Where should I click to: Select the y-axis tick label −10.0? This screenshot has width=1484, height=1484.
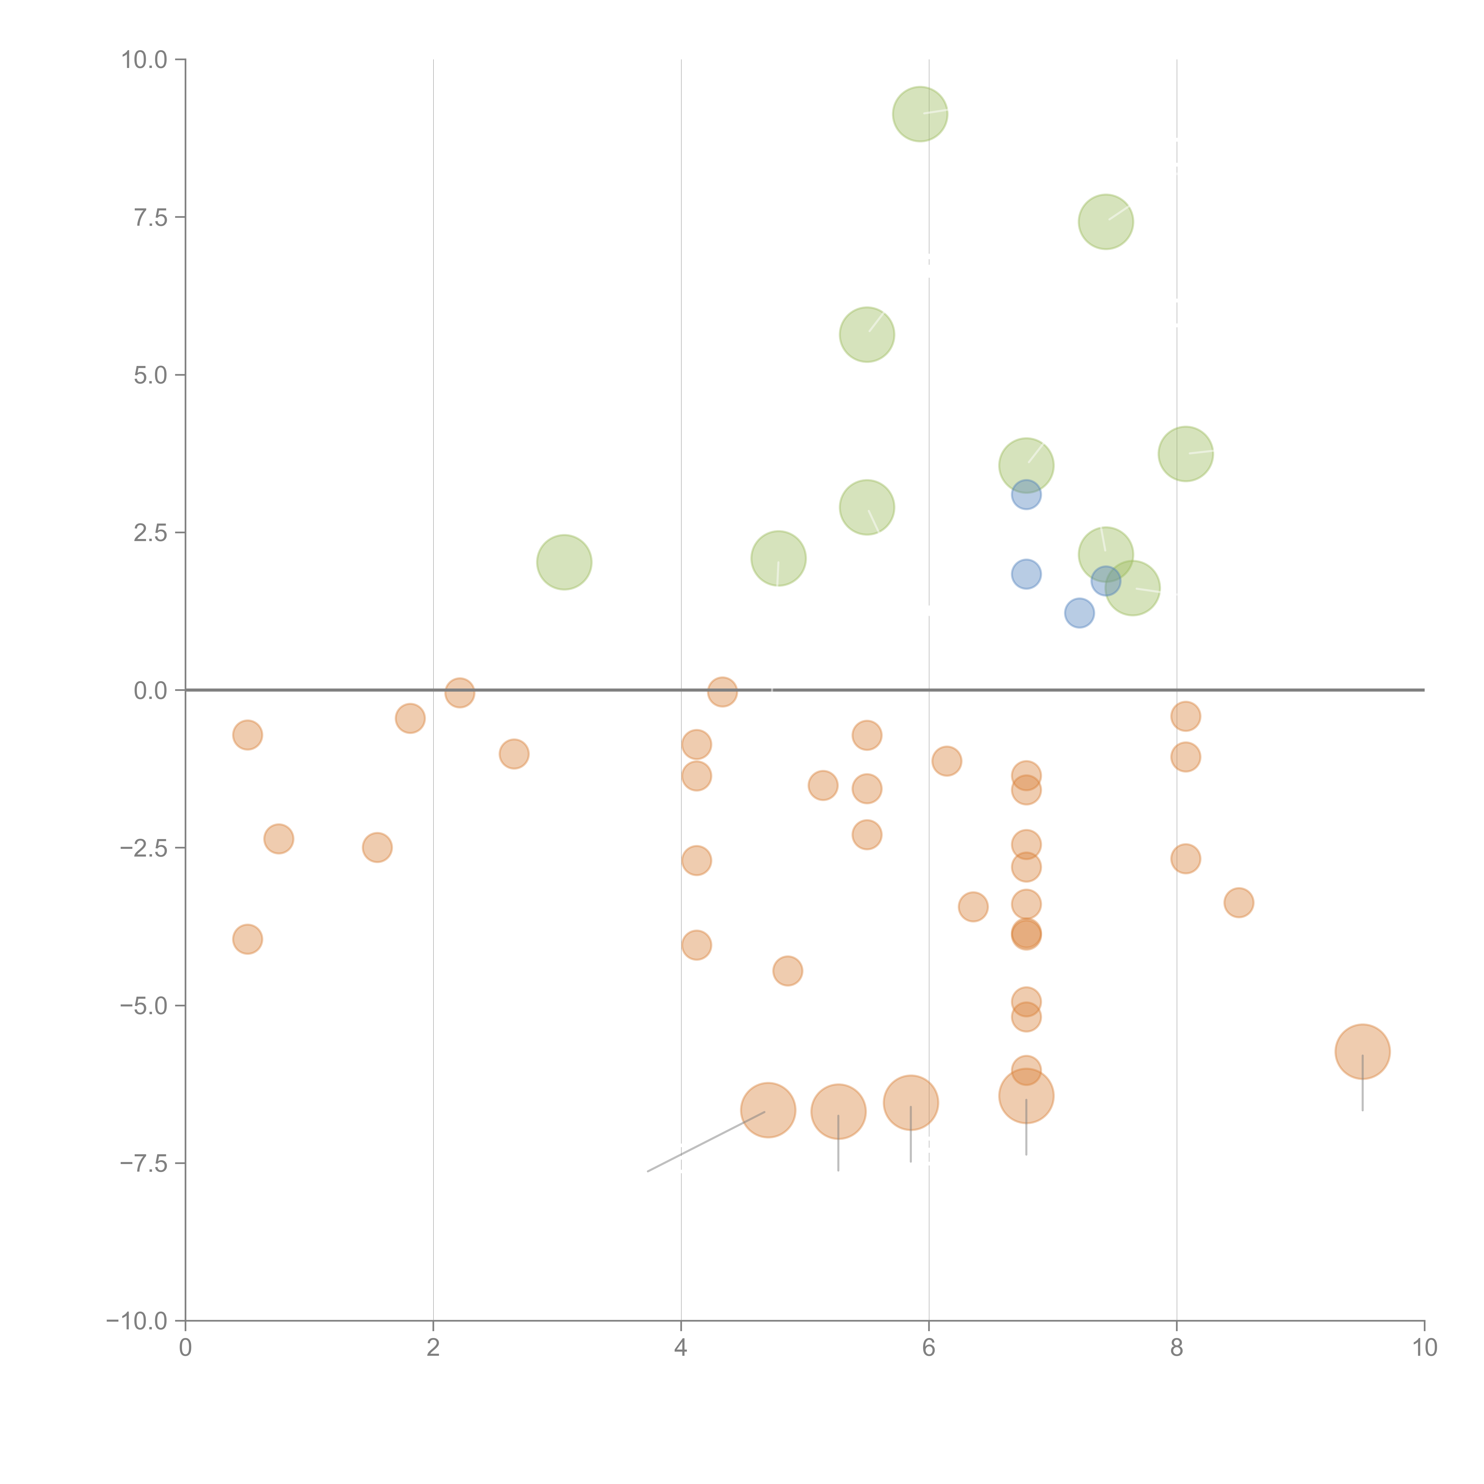pyautogui.click(x=137, y=1321)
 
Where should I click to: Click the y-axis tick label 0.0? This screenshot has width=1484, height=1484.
pyautogui.click(x=150, y=691)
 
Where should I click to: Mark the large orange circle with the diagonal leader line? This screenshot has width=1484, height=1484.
pyautogui.click(x=767, y=1110)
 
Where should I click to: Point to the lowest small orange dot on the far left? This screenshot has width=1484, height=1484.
pyautogui.click(x=247, y=939)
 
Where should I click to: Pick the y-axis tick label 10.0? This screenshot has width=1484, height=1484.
pyautogui.click(x=145, y=60)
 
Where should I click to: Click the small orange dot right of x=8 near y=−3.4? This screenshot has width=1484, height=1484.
pyautogui.click(x=1238, y=903)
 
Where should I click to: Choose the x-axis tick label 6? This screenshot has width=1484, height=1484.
pyautogui.click(x=929, y=1348)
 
